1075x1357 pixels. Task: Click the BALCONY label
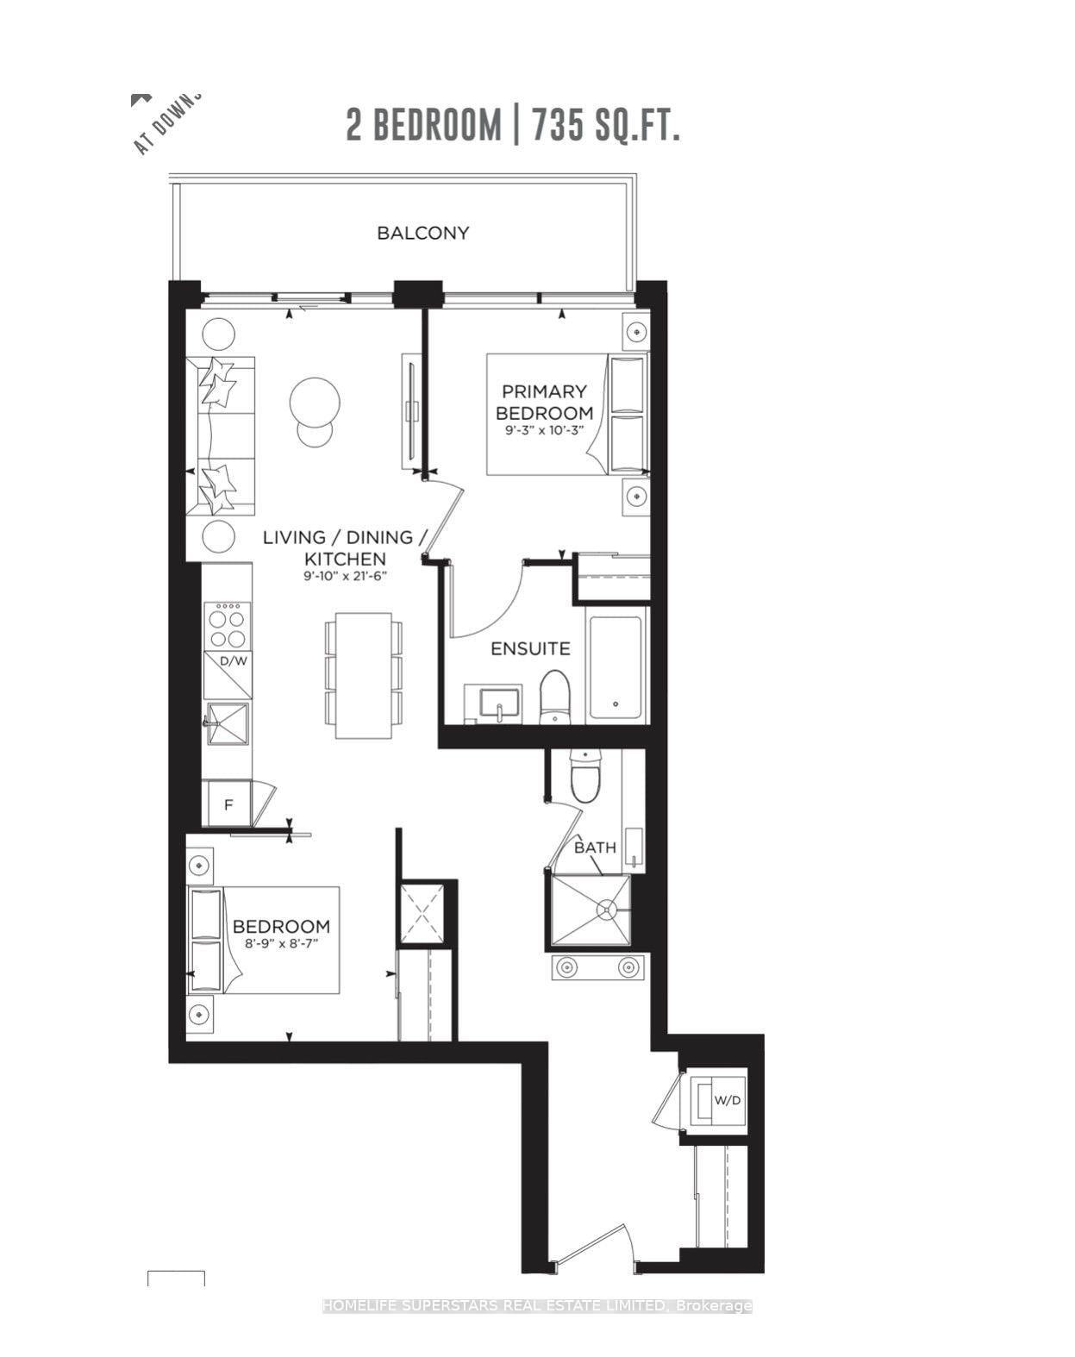tap(422, 233)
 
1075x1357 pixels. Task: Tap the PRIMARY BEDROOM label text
tap(544, 402)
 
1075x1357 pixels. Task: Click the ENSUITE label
tap(530, 648)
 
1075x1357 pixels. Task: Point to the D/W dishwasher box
tap(228, 675)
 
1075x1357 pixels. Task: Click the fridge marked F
tap(228, 805)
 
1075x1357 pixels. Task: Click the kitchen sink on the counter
tap(228, 724)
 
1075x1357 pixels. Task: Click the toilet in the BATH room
tap(585, 776)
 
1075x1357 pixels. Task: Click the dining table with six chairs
tap(363, 675)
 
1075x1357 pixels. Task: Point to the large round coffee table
tap(314, 402)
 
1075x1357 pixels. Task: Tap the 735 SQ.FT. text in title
tap(606, 126)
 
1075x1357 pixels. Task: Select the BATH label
tap(595, 847)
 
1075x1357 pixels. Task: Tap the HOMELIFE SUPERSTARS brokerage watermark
tap(537, 1306)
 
